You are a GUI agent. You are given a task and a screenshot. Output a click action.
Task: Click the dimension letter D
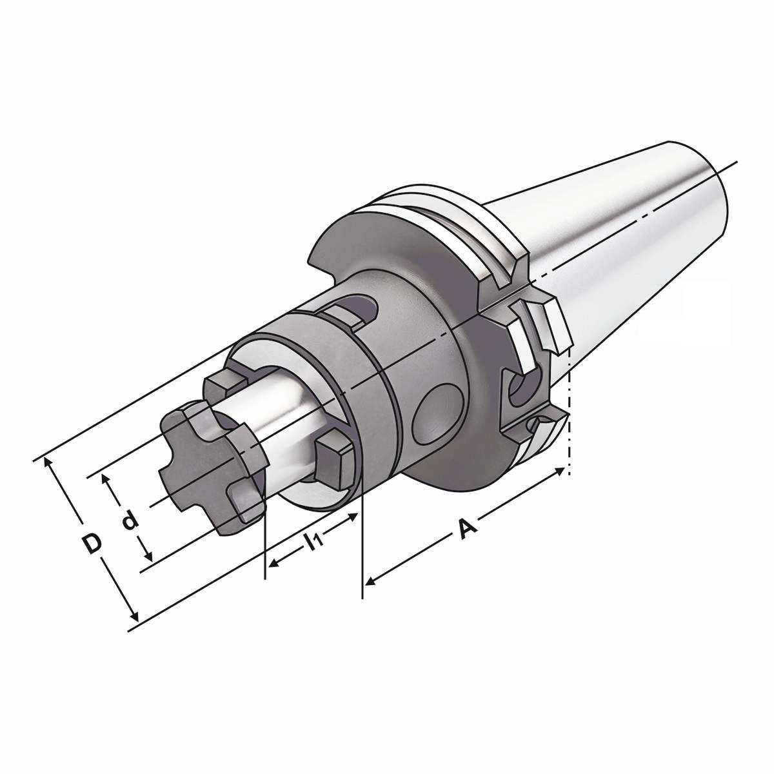(x=93, y=543)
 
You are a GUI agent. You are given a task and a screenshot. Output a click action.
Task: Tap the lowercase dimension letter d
(x=130, y=519)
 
